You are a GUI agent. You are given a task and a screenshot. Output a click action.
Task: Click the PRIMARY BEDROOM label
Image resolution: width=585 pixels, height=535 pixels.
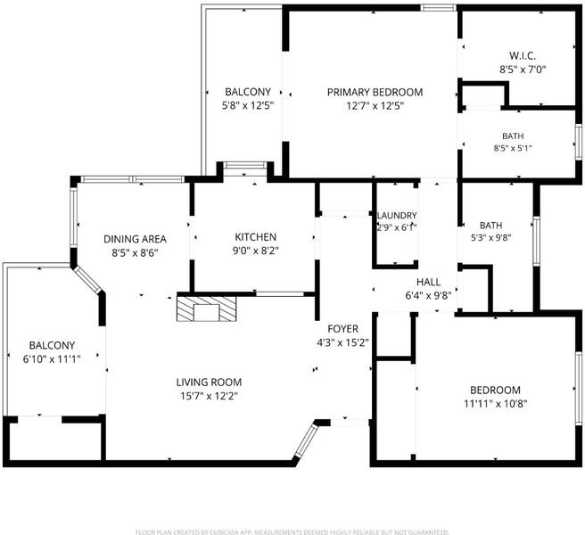[375, 92]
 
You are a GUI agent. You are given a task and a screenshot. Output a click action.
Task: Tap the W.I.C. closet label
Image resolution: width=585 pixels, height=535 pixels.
[523, 56]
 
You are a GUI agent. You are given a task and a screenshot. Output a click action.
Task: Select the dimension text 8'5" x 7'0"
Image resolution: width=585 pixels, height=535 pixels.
[523, 70]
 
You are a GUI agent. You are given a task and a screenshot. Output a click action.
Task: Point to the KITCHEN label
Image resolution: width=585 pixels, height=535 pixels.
[256, 237]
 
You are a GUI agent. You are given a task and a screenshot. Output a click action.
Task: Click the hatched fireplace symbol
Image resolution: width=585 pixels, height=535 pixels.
[207, 309]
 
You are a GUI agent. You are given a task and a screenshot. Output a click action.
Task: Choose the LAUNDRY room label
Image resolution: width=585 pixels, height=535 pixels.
[397, 216]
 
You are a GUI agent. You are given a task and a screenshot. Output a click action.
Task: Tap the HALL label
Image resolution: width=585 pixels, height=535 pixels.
[428, 282]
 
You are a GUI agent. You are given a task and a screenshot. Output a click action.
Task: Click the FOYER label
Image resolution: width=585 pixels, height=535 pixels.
[342, 329]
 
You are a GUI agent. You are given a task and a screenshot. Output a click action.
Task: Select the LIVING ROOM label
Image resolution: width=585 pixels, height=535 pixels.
[209, 382]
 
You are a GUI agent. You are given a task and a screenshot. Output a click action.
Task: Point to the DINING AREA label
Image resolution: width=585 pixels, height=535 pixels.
[135, 239]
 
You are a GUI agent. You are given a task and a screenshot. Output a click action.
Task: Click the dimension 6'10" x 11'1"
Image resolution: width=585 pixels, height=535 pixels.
[52, 359]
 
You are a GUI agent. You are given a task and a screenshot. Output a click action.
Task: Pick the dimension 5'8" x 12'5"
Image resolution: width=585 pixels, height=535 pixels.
[248, 105]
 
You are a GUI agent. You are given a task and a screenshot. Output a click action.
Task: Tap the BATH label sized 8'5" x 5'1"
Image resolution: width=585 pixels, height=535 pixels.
[513, 136]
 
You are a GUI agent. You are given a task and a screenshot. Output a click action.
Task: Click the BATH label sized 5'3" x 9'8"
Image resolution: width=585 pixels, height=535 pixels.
[491, 226]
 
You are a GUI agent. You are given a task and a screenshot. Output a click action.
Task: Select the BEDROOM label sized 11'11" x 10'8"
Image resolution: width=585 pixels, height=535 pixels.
[495, 390]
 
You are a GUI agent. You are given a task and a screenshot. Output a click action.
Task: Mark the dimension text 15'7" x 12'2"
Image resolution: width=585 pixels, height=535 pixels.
[209, 396]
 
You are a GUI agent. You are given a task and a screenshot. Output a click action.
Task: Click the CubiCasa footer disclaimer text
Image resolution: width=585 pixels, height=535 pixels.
[292, 532]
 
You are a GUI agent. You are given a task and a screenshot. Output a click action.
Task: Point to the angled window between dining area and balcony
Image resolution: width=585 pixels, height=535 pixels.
[87, 280]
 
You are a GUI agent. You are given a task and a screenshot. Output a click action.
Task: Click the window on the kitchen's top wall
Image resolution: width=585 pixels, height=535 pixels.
[245, 165]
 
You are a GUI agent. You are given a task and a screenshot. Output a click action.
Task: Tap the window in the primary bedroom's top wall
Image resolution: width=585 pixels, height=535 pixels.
[439, 7]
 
